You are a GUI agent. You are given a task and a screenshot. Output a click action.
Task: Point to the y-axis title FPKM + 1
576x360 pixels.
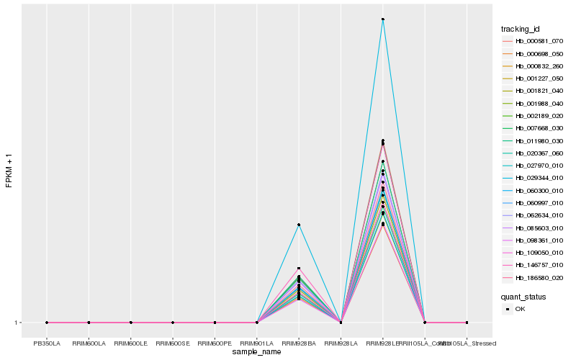pyautogui.click(x=9, y=170)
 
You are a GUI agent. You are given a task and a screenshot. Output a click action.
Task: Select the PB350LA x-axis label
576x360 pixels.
pyautogui.click(x=47, y=343)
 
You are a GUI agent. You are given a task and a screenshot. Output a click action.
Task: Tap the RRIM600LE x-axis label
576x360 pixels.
pyautogui.click(x=130, y=343)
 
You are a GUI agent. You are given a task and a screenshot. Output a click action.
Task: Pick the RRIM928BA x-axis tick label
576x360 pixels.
pyautogui.click(x=299, y=343)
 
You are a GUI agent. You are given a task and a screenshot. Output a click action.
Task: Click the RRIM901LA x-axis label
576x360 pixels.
pyautogui.click(x=257, y=343)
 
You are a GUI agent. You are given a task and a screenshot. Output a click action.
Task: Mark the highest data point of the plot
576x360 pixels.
pyautogui.click(x=383, y=19)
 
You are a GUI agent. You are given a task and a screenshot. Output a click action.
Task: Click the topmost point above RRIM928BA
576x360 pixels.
pyautogui.click(x=299, y=225)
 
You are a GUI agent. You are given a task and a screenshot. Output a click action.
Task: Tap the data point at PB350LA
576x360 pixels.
pyautogui.click(x=47, y=323)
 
